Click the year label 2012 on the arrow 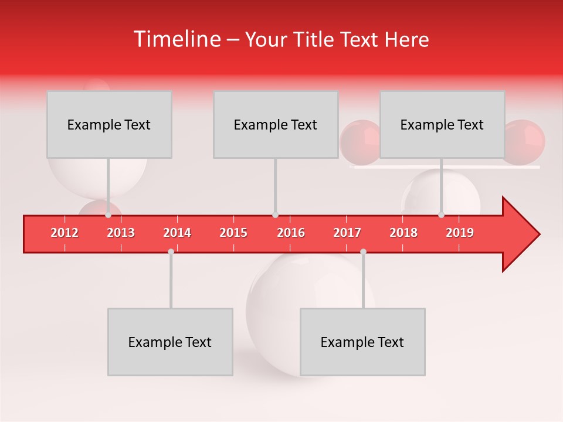[65, 233]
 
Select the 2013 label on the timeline [121, 233]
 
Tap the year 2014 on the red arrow [177, 233]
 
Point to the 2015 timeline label [233, 233]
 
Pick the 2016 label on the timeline [291, 233]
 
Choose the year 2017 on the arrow [347, 233]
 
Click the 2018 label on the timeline [403, 233]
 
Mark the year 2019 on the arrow [460, 233]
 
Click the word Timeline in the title [177, 39]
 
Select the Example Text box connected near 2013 [109, 124]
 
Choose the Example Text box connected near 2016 [276, 124]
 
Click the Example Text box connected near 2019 [442, 124]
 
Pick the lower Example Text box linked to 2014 [170, 342]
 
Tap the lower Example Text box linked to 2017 [362, 342]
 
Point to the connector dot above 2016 [275, 215]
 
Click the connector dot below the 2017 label [363, 252]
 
